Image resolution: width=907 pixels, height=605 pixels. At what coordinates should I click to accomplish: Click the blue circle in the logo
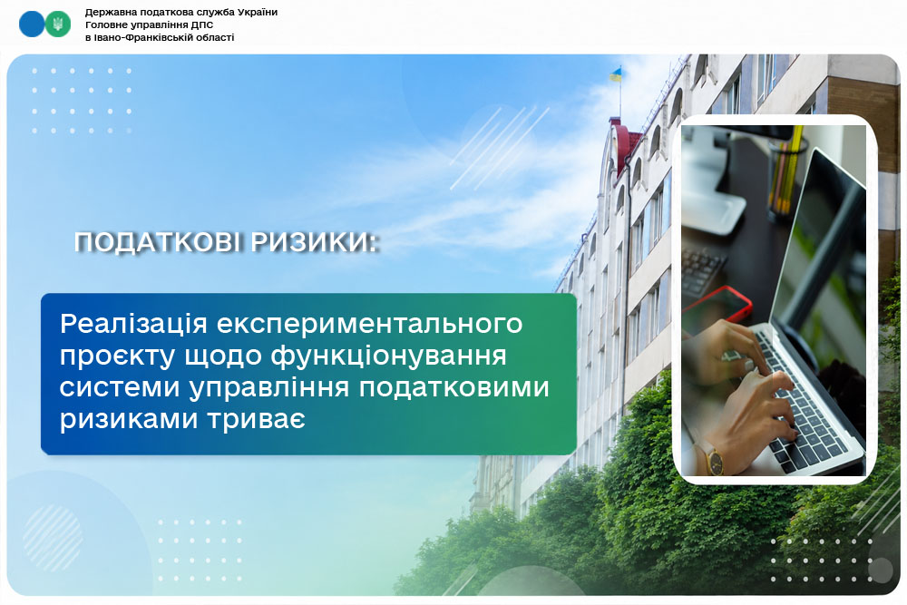click(x=31, y=24)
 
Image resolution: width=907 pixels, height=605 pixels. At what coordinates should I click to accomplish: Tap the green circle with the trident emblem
click(x=58, y=24)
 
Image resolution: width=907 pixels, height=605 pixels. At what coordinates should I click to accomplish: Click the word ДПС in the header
click(x=202, y=24)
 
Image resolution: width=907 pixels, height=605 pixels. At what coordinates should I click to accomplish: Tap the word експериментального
click(x=370, y=325)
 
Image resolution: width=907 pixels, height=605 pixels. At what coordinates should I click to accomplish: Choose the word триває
click(x=257, y=419)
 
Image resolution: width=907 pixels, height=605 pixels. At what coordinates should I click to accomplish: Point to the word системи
click(x=120, y=387)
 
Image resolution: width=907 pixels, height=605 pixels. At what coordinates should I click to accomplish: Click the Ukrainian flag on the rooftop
click(x=616, y=74)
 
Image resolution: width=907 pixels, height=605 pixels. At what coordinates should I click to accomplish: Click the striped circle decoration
click(x=53, y=539)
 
